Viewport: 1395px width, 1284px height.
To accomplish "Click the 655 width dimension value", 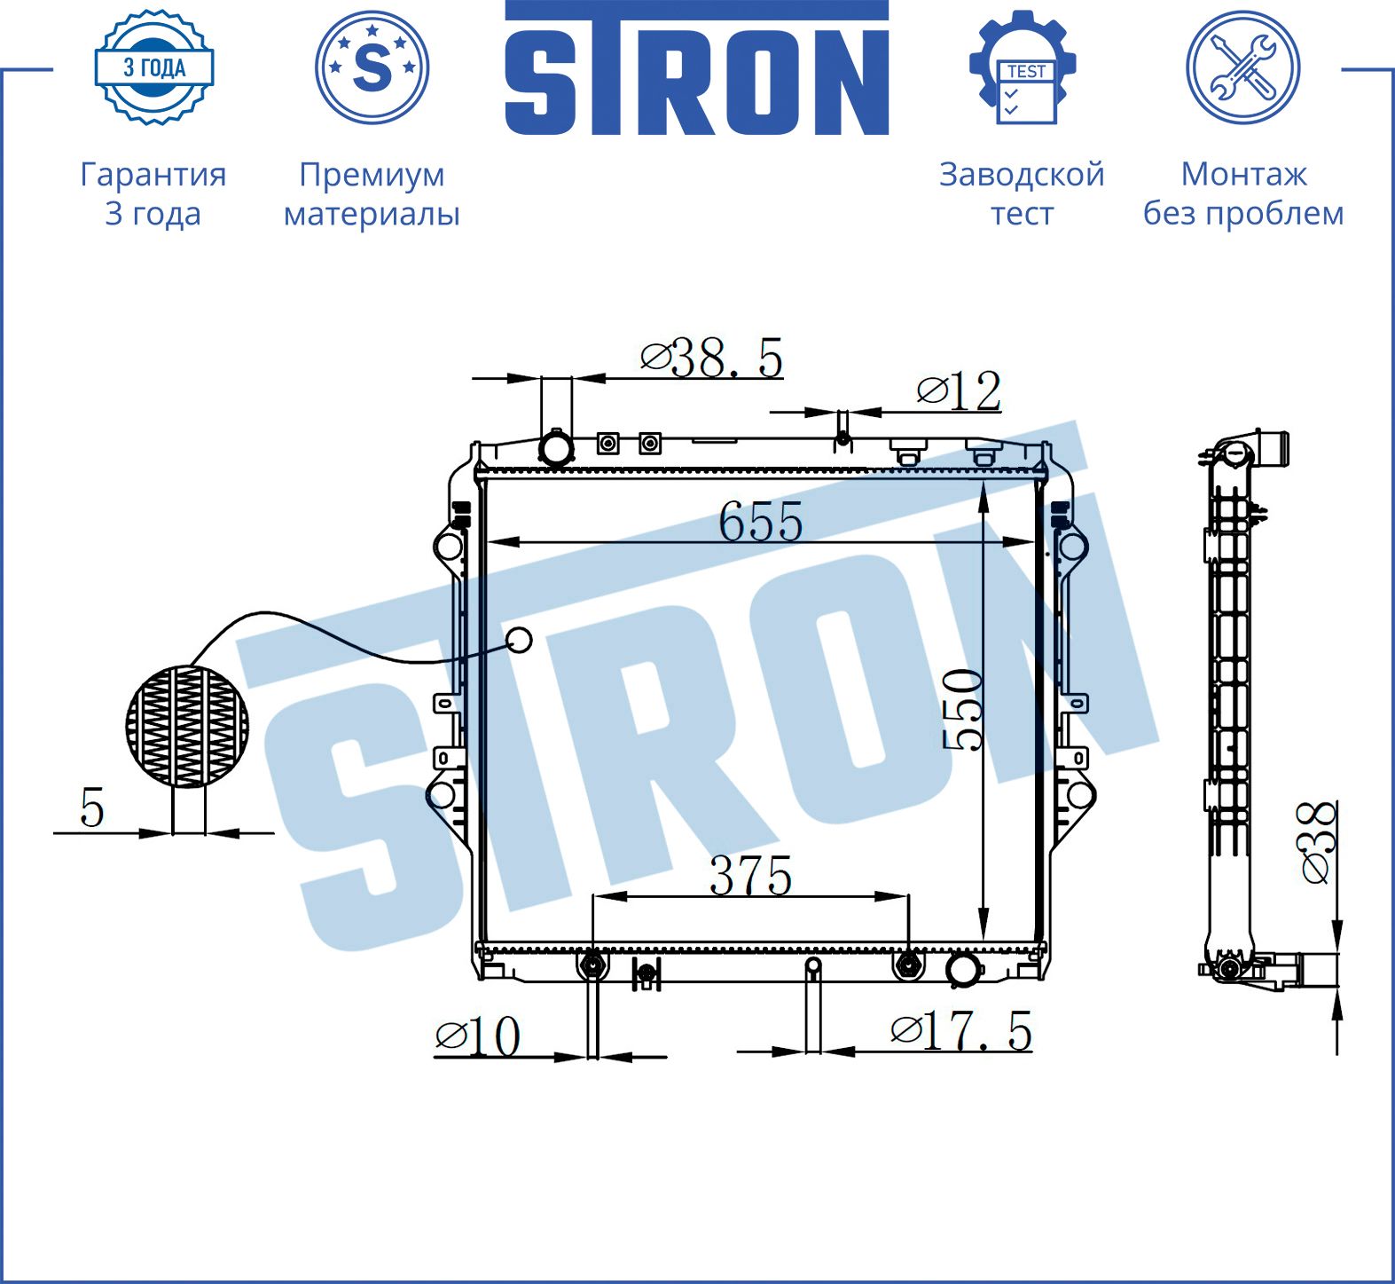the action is [x=761, y=521].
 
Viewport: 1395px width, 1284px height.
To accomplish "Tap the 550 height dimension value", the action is [x=963, y=710].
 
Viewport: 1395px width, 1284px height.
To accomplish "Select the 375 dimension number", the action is [x=750, y=876].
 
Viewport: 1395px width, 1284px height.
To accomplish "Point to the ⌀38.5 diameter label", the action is [x=712, y=358].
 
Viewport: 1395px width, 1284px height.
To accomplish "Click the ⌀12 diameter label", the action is [x=960, y=390].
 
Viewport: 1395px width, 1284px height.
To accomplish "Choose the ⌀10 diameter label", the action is [x=478, y=1035].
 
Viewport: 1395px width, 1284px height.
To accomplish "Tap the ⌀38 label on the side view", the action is [x=1316, y=842].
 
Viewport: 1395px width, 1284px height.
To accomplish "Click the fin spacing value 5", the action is [x=92, y=807].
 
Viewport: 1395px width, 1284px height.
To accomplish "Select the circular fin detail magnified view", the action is [x=187, y=727].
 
